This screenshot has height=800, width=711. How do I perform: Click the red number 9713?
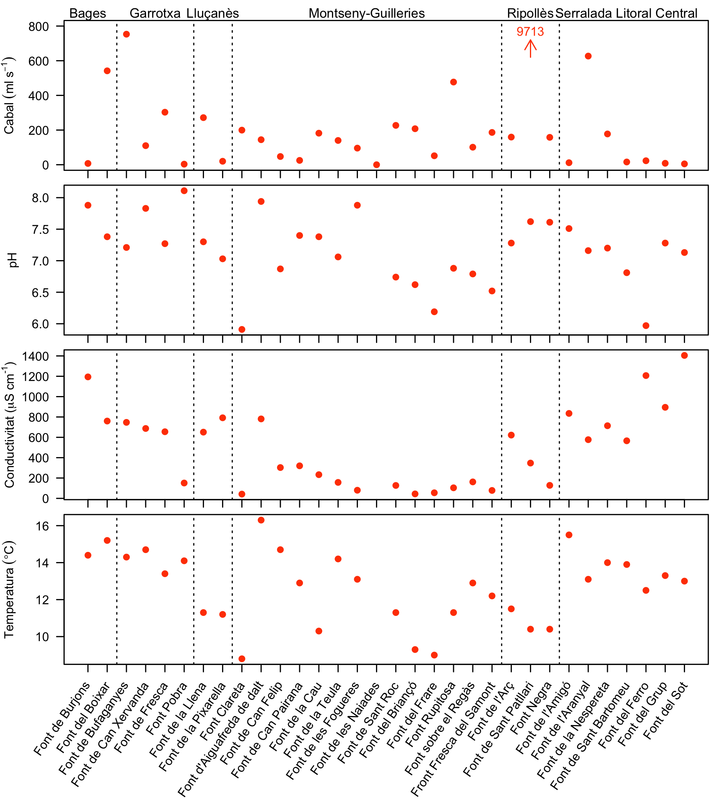(530, 31)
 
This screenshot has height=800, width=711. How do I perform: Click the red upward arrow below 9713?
(530, 49)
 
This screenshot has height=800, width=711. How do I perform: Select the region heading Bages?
(88, 13)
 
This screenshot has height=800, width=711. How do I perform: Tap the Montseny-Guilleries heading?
(366, 13)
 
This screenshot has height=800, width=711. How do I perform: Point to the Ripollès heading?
(530, 13)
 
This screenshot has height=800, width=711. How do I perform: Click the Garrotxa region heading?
(155, 13)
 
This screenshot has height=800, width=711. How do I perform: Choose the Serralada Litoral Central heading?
(626, 13)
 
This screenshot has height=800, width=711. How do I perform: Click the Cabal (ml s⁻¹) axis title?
(9, 96)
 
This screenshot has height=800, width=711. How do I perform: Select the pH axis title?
(12, 260)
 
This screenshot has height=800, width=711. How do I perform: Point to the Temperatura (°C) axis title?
(9, 590)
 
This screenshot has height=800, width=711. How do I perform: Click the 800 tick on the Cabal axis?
(39, 27)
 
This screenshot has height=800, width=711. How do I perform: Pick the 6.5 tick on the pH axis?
(40, 293)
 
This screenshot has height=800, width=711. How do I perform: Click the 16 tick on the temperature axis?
(43, 526)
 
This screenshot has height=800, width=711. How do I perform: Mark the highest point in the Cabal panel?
(126, 34)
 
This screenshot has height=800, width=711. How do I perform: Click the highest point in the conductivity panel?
(684, 355)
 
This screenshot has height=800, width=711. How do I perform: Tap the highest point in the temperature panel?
(261, 520)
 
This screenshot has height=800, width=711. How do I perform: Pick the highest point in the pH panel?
(184, 190)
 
